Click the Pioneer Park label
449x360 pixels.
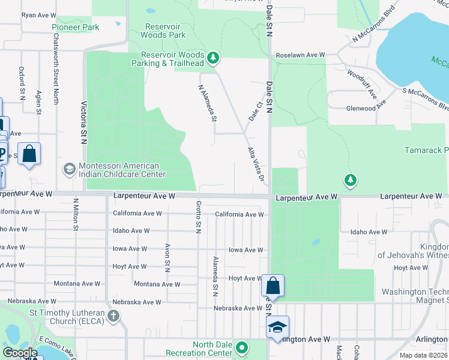click(x=75, y=27)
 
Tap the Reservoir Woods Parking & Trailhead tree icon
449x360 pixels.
click(x=213, y=58)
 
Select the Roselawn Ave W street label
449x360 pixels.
click(x=300, y=55)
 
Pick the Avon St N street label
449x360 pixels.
click(x=167, y=259)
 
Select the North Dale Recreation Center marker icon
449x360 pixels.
click(x=242, y=347)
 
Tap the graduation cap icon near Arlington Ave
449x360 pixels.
click(x=277, y=326)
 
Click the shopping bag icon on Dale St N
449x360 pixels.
click(x=273, y=286)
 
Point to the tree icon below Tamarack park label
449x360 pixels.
click(x=350, y=179)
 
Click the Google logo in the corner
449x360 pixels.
click(x=19, y=353)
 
